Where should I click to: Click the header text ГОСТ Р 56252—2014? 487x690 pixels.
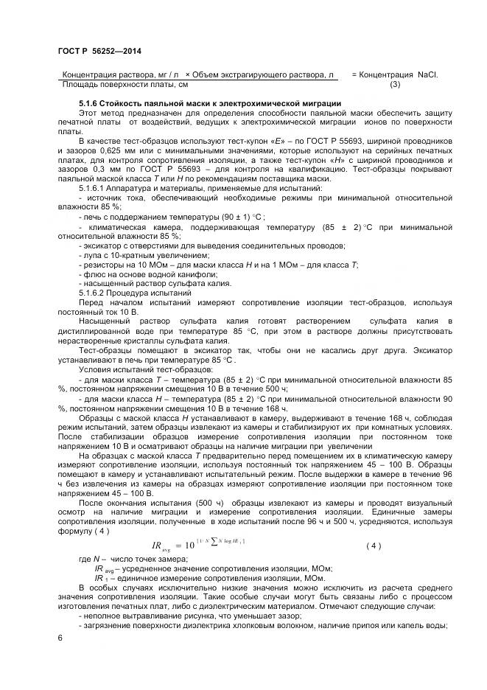[x=99, y=50]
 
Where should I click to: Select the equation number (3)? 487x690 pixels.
[x=394, y=84]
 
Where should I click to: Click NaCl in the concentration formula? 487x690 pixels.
[x=427, y=74]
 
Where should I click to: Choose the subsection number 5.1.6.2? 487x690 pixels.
[x=94, y=293]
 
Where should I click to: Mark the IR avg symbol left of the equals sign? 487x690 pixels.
[x=160, y=546]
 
